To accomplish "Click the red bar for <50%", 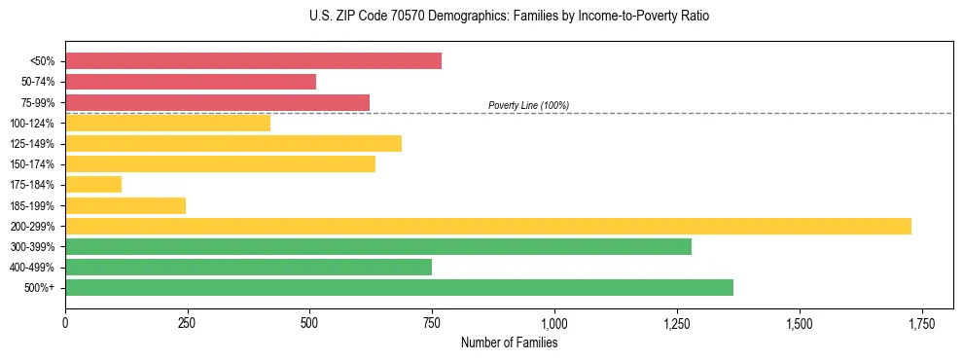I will coord(253,61).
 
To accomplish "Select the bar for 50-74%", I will coord(191,82).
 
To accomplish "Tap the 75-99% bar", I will coord(217,102).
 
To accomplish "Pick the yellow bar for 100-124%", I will coord(167,123).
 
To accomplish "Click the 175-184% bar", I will coord(93,185).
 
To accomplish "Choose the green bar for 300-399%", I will coord(378,246).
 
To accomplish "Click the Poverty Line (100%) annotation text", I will coord(528,105).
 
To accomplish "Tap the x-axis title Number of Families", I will coord(509,342).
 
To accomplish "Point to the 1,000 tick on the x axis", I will coord(554,322).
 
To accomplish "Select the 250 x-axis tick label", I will coord(188,322).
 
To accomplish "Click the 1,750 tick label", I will coord(921,322).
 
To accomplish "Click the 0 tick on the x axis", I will coord(65,322).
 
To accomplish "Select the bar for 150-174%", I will coord(220,164).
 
